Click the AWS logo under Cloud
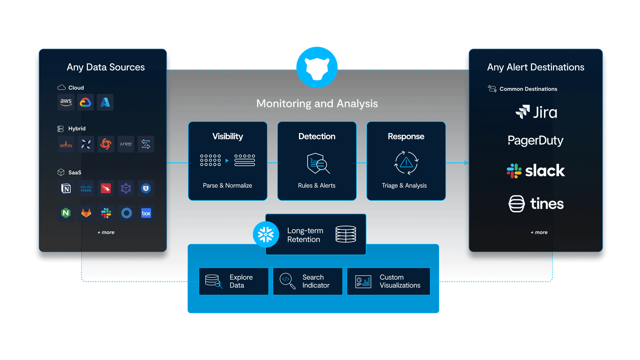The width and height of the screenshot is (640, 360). click(66, 102)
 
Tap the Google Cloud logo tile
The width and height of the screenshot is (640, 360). click(86, 102)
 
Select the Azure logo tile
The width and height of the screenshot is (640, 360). click(105, 102)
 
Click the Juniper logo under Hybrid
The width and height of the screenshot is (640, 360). click(126, 144)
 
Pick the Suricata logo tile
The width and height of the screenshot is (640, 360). click(66, 144)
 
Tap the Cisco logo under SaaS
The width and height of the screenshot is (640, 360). click(86, 188)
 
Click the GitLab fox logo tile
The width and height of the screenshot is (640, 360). click(86, 213)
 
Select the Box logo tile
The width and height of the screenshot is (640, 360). click(146, 213)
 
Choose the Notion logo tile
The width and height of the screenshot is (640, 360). click(66, 188)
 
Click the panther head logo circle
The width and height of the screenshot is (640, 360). click(317, 68)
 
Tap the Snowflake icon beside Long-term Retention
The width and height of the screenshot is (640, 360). click(266, 234)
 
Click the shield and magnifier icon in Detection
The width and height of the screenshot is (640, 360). click(318, 163)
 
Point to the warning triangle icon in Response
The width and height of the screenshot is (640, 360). click(406, 163)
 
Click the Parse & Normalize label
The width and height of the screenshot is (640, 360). click(227, 186)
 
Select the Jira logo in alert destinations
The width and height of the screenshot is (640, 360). click(536, 112)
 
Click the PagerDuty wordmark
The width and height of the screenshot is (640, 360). click(535, 141)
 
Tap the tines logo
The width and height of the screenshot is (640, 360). click(536, 204)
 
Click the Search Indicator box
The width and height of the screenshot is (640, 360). click(308, 281)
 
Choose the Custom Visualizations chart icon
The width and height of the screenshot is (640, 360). click(363, 281)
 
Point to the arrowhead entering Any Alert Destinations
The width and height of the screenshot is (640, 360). click(466, 163)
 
